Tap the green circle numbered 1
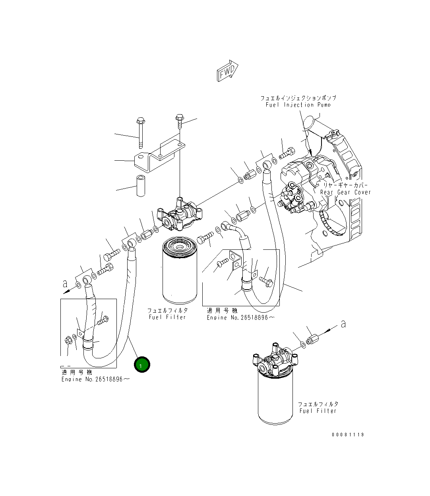click(x=142, y=365)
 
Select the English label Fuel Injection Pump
click(x=298, y=105)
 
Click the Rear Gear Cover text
click(x=345, y=192)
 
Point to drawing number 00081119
click(x=348, y=435)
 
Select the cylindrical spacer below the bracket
click(x=140, y=185)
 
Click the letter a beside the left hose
click(x=65, y=284)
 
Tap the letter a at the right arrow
click(x=343, y=325)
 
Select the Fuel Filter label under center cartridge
click(x=167, y=317)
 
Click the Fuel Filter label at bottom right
click(x=318, y=410)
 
